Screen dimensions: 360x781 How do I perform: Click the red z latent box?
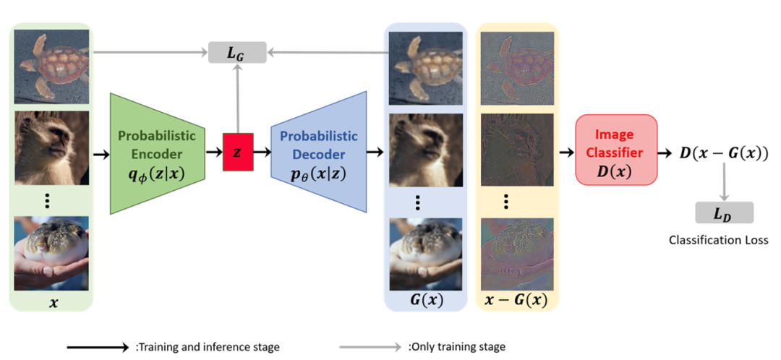pos(238,153)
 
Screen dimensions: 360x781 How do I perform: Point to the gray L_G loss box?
pos(236,51)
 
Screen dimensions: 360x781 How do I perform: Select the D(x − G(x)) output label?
pos(724,153)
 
